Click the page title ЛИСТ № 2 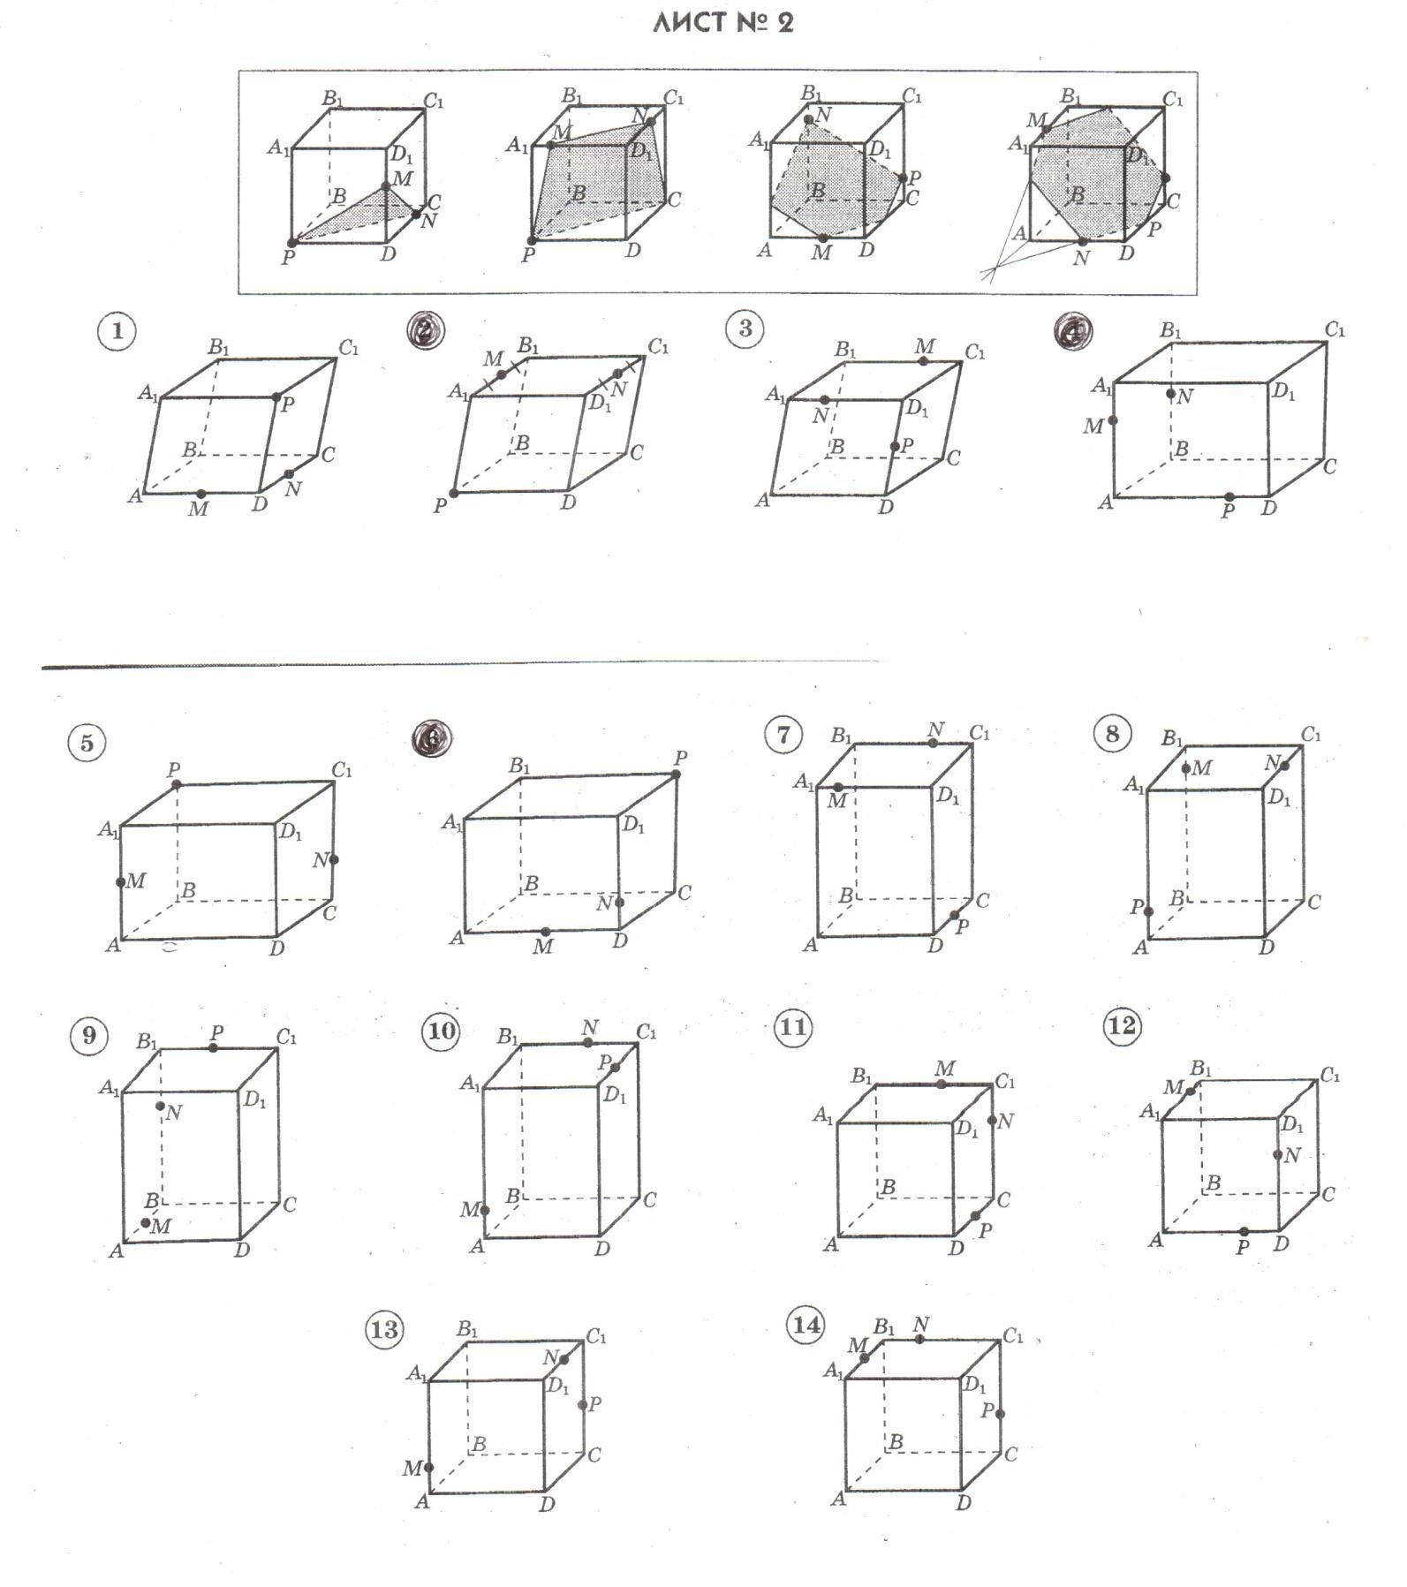(x=722, y=22)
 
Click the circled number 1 (x=117, y=332)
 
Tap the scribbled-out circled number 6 (x=432, y=739)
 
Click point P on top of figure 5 (x=177, y=784)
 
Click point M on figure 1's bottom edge (x=200, y=494)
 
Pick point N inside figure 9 (x=161, y=1106)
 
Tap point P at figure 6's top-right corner (x=676, y=774)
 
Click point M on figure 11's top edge (x=942, y=1084)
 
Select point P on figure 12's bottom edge (x=1244, y=1231)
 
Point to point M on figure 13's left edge (x=428, y=1467)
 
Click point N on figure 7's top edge (x=934, y=743)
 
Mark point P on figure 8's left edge (x=1148, y=911)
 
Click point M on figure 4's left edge (x=1113, y=420)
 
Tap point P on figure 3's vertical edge (x=895, y=446)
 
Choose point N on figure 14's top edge (x=919, y=1339)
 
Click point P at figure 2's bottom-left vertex (x=454, y=493)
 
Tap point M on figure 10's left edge (x=484, y=1210)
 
